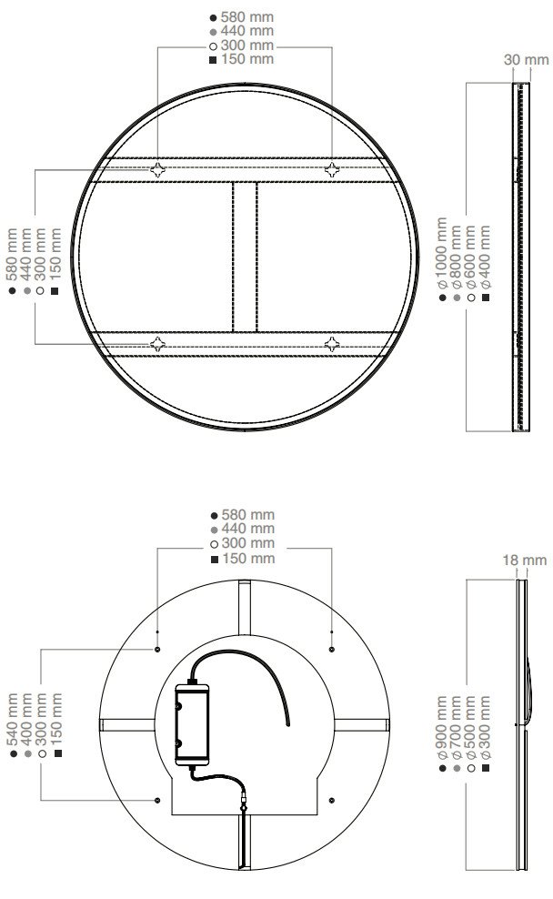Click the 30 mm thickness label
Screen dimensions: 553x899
[526, 59]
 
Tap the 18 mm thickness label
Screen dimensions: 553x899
[524, 560]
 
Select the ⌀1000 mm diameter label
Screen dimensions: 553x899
[441, 253]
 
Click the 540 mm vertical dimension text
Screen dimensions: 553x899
[13, 719]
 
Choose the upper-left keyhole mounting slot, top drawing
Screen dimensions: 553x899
[157, 170]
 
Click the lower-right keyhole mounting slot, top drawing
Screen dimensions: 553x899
[332, 344]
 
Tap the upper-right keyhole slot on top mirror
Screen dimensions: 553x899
[332, 170]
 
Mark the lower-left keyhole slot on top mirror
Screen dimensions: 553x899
[157, 344]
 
